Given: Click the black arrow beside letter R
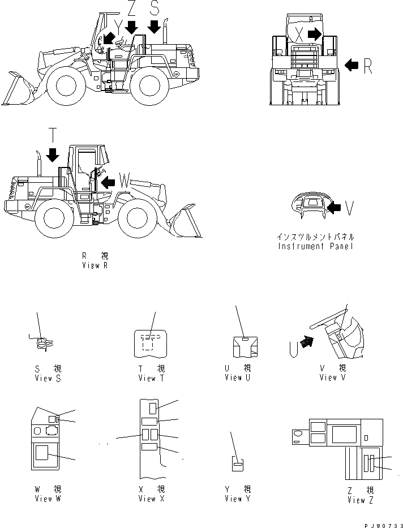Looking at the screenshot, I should pyautogui.click(x=351, y=66).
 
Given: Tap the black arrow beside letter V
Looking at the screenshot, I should pyautogui.click(x=335, y=209).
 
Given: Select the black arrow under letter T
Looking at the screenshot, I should pyautogui.click(x=53, y=154).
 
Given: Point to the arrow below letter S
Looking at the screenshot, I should pyautogui.click(x=153, y=26).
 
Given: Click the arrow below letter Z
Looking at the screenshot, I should pyautogui.click(x=131, y=26).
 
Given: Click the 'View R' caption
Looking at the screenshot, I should pyautogui.click(x=95, y=265).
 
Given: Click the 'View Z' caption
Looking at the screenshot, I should pyautogui.click(x=360, y=500).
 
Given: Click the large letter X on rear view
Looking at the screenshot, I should pyautogui.click(x=299, y=35).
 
